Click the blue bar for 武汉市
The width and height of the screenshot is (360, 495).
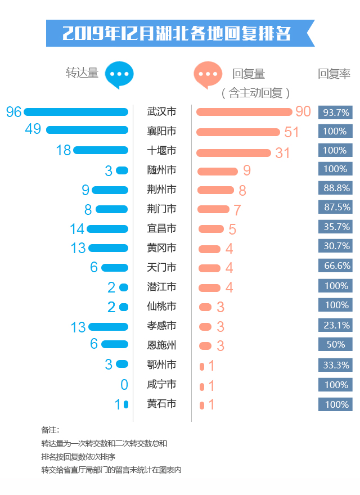(76, 112)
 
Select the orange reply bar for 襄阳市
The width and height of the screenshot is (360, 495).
(238, 132)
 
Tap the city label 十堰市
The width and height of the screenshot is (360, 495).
(161, 150)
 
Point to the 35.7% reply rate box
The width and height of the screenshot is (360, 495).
(336, 227)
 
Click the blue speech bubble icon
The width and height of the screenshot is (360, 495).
(120, 74)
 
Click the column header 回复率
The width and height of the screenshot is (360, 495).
(334, 74)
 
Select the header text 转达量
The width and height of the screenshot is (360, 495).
(82, 73)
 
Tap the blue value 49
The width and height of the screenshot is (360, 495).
(33, 129)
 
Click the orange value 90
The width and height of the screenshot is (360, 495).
(303, 111)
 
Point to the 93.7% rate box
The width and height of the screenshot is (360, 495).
(336, 112)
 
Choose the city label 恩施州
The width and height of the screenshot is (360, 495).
(161, 344)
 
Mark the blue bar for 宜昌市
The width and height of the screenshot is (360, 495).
(107, 228)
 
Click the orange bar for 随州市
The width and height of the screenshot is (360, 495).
(218, 171)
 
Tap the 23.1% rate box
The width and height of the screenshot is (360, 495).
(336, 325)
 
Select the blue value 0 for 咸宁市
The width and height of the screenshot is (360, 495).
(124, 385)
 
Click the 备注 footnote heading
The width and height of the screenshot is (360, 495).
(50, 430)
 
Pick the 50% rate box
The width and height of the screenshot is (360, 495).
(336, 344)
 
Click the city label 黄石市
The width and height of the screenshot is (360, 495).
(161, 403)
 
